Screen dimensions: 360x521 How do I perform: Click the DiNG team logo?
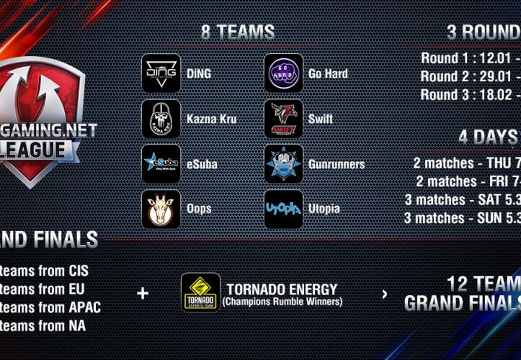pyautogui.click(x=161, y=73)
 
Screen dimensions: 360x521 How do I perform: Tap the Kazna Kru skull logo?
pyautogui.click(x=161, y=118)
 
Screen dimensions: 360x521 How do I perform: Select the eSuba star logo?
pyautogui.click(x=161, y=163)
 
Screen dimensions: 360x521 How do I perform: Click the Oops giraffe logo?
pyautogui.click(x=161, y=209)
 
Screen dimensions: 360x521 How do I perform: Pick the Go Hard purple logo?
pyautogui.click(x=283, y=73)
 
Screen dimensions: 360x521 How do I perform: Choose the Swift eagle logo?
pyautogui.click(x=283, y=118)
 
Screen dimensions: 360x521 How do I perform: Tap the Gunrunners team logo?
pyautogui.click(x=283, y=163)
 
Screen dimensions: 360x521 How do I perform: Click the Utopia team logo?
pyautogui.click(x=283, y=209)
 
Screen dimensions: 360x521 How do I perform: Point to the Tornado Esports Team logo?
pyautogui.click(x=200, y=292)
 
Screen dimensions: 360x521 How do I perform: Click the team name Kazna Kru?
pyautogui.click(x=212, y=119)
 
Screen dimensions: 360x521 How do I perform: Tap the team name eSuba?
pyautogui.click(x=202, y=164)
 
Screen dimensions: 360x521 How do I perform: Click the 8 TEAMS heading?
pyautogui.click(x=238, y=32)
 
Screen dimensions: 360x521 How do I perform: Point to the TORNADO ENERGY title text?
pyautogui.click(x=282, y=289)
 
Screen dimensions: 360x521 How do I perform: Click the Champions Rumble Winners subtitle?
pyautogui.click(x=282, y=302)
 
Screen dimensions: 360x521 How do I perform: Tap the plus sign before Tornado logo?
pyautogui.click(x=143, y=293)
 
